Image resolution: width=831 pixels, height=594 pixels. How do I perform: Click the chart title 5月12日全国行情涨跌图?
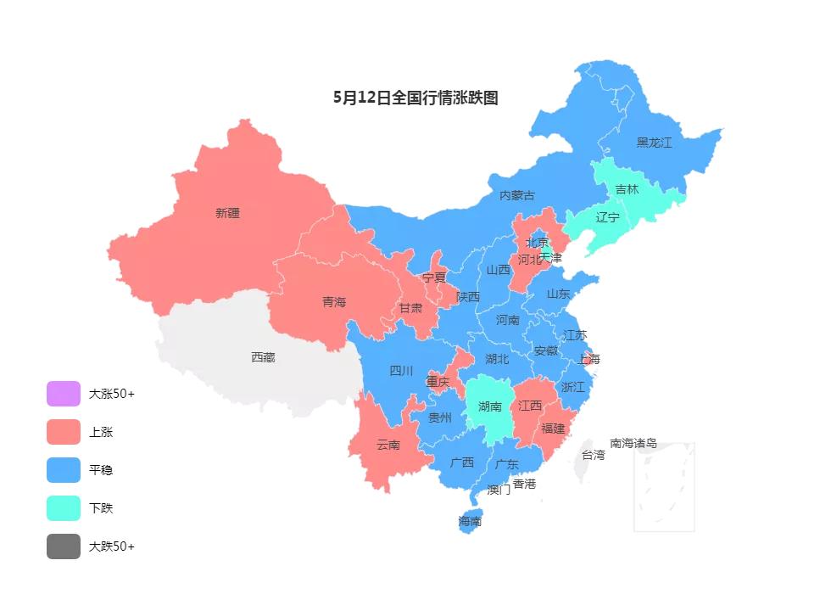tap(415, 98)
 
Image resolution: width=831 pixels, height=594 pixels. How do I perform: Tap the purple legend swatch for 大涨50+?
tap(64, 394)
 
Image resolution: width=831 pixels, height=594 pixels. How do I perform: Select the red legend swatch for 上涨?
tap(64, 432)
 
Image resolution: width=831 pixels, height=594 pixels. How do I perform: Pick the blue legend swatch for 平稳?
tap(64, 470)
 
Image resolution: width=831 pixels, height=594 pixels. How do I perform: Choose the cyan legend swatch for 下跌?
tap(64, 508)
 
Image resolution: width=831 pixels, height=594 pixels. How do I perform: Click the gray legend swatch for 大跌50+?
tap(64, 546)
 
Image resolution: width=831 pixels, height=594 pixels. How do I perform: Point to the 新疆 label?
tap(227, 213)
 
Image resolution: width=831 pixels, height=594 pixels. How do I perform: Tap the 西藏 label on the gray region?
tap(263, 357)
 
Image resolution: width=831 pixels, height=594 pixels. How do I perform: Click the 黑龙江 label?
tap(654, 143)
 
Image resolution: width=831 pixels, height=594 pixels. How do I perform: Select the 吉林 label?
tap(627, 189)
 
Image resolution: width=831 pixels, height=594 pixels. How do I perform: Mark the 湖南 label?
tap(489, 406)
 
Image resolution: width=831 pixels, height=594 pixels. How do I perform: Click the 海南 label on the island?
tap(470, 521)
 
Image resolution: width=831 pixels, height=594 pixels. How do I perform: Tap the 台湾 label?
tap(594, 455)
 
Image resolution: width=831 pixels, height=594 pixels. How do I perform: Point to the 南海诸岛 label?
tap(633, 443)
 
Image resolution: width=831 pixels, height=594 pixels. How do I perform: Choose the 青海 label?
tap(334, 302)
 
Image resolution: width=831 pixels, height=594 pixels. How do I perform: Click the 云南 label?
tap(388, 445)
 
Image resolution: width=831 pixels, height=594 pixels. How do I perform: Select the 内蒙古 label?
tap(517, 195)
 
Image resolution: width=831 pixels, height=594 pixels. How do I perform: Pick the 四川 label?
tap(401, 371)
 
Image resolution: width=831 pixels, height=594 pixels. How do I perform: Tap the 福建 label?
tap(553, 429)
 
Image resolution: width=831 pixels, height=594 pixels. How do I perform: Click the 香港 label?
tap(524, 484)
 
